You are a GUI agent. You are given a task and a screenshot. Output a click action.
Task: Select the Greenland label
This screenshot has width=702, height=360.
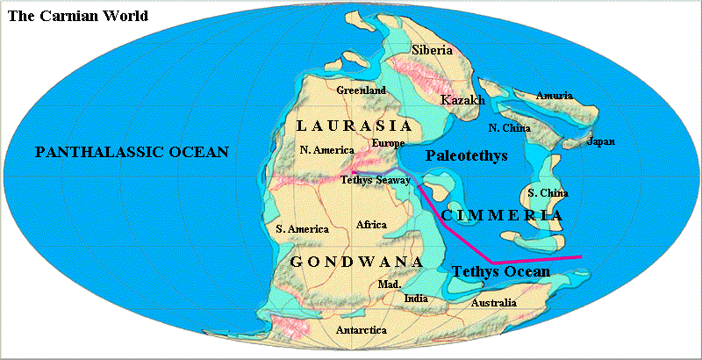362,90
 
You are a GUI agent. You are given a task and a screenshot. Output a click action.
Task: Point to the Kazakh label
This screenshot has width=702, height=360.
462,101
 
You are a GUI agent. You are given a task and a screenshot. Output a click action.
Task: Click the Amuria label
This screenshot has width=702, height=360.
554,94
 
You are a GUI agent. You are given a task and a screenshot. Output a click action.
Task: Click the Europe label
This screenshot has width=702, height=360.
388,142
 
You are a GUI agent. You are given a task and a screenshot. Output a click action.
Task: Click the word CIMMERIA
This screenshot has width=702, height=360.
501,214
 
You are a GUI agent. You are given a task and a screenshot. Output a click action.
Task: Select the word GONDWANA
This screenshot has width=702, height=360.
356,263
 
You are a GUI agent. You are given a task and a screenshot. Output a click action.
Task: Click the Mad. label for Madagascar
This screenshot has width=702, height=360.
389,284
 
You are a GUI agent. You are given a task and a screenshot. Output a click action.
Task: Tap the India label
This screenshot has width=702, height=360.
416,299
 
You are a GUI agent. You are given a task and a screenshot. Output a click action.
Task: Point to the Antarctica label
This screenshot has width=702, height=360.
361,331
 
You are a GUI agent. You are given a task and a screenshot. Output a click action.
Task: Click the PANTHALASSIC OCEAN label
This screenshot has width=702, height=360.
132,153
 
